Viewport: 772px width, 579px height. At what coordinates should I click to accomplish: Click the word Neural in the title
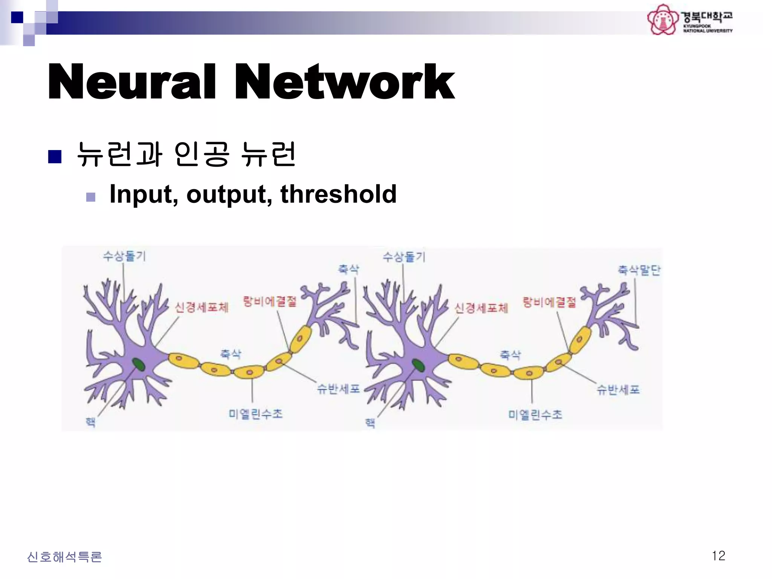tap(132, 82)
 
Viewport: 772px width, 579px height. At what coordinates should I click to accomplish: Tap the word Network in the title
tap(345, 82)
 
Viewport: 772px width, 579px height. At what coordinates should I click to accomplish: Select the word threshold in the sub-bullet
tap(338, 194)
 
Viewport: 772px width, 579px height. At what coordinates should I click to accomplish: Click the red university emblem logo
tap(662, 20)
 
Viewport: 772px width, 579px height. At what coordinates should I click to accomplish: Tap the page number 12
tap(718, 556)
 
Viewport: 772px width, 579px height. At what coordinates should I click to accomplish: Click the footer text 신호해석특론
tap(64, 557)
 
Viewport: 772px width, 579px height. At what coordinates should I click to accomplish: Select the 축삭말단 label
tap(639, 270)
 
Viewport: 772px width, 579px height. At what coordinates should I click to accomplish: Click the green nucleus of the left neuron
tap(138, 365)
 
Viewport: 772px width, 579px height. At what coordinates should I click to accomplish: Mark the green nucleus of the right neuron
tap(418, 365)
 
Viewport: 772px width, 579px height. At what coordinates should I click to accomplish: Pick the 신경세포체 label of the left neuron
tap(202, 307)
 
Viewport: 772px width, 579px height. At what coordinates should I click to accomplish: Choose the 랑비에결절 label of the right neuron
tap(549, 302)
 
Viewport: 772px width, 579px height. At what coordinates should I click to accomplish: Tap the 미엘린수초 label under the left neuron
tap(256, 414)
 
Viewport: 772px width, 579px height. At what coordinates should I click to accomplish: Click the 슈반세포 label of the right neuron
tap(618, 389)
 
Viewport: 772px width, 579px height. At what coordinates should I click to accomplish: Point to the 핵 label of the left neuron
tap(90, 422)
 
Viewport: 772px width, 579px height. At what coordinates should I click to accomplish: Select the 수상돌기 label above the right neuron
tap(404, 257)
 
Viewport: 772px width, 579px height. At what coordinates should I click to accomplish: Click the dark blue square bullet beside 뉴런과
tap(55, 156)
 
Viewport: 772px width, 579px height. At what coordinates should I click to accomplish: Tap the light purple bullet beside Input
tap(91, 197)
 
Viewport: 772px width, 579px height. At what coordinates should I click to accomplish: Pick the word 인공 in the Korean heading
tap(202, 154)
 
